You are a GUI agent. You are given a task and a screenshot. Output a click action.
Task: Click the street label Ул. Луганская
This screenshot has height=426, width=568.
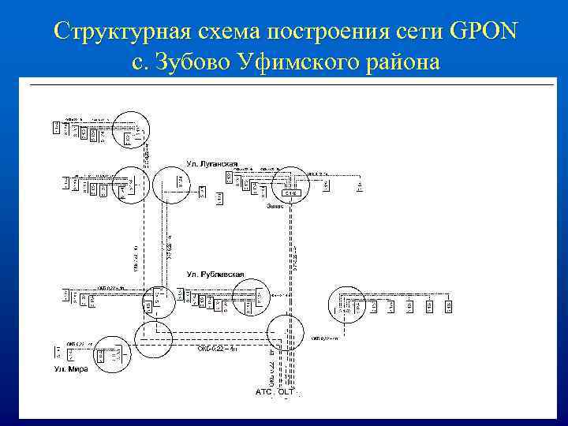212,163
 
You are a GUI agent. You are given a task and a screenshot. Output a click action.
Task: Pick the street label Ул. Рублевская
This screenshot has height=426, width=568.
215,274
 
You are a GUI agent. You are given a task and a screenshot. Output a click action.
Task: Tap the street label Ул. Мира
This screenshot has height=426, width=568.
71,369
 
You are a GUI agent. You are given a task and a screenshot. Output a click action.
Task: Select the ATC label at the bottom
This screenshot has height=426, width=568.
263,391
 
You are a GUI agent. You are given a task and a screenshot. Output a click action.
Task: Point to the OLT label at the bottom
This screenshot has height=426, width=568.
286,391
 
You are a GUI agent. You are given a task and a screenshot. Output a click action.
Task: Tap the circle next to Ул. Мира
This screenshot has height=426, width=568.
153,339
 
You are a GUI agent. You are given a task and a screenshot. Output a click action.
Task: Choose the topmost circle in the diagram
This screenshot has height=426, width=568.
130,129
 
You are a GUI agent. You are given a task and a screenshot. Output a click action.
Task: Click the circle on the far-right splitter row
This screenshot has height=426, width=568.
347,304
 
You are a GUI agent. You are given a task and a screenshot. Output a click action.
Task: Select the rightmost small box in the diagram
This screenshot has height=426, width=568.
449,305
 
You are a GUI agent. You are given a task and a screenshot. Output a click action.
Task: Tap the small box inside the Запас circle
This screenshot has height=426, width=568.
289,192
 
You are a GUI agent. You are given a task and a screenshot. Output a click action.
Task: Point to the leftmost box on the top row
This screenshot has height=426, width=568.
56,127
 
